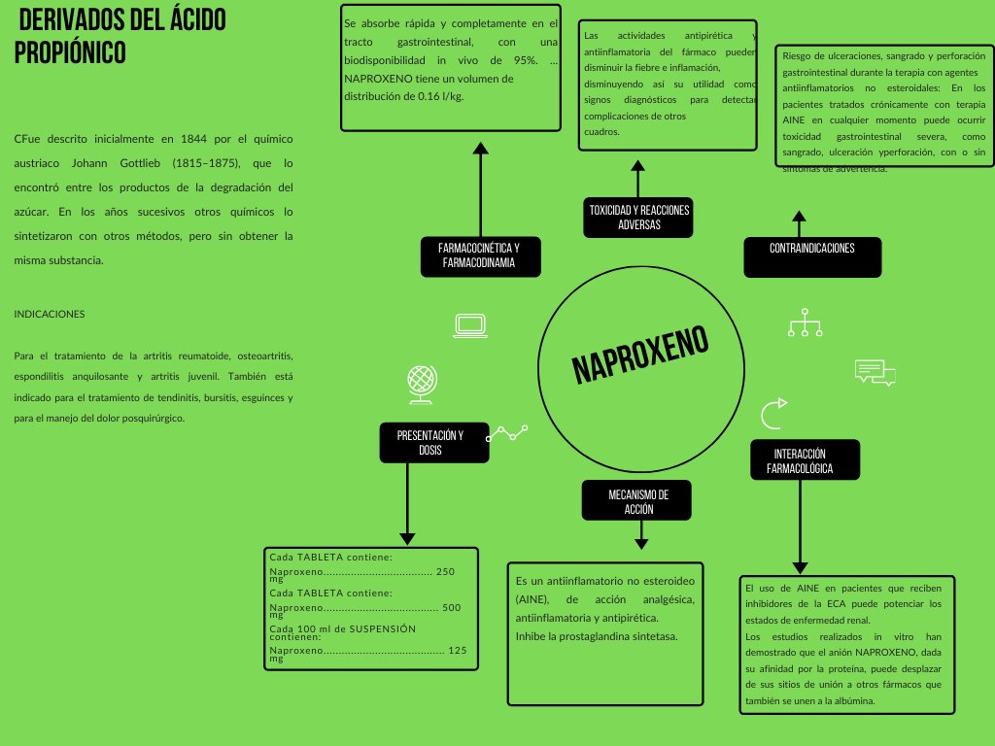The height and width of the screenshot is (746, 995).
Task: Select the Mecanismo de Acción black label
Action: [637, 501]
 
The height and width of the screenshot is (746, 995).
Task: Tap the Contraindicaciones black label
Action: [811, 249]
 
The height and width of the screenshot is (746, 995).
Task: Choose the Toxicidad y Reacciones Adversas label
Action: [638, 218]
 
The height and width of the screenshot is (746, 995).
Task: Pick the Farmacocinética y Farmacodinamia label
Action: [480, 255]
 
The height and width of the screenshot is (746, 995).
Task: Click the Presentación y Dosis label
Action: [429, 443]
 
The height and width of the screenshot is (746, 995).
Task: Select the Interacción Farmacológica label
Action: [805, 461]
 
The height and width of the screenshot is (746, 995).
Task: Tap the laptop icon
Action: [470, 325]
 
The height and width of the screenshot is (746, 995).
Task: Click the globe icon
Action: [420, 384]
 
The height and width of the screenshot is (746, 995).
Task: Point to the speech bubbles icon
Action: [874, 371]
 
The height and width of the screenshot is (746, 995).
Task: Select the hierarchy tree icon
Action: [805, 322]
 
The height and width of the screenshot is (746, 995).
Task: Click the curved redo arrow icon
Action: [773, 413]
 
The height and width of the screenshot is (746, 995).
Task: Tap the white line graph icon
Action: [506, 432]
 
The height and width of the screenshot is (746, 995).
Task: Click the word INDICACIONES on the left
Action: [50, 315]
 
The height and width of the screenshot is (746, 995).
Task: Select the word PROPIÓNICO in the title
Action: [70, 52]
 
